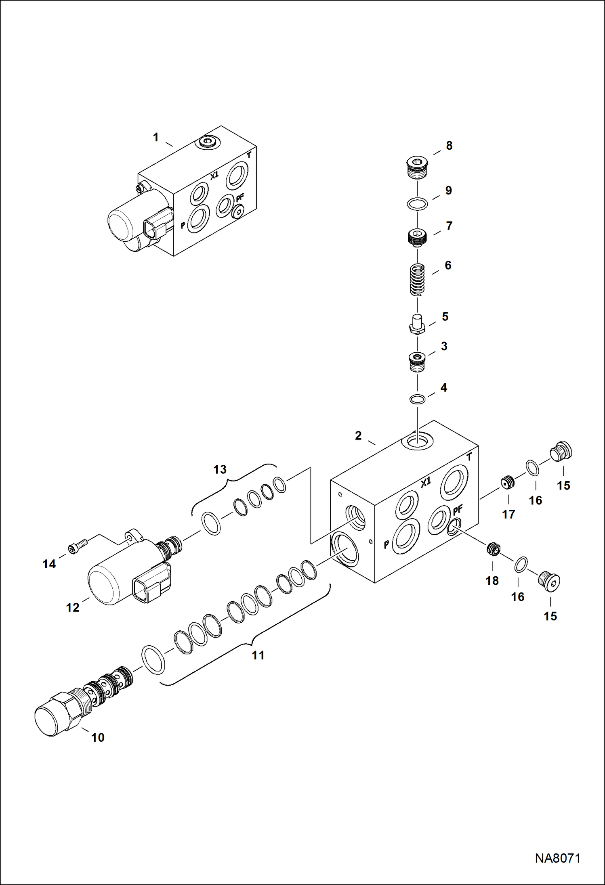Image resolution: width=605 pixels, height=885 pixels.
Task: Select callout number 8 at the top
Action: click(x=449, y=146)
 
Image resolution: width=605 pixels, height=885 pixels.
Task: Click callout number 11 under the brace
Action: click(x=258, y=655)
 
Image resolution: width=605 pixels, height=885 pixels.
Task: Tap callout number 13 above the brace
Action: click(x=220, y=469)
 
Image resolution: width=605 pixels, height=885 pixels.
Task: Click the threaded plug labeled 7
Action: click(x=417, y=237)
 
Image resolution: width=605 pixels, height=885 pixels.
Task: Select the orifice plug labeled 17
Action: click(x=508, y=482)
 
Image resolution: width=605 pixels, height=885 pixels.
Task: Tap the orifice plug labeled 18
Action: click(x=493, y=548)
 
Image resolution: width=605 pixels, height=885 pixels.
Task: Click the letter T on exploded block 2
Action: click(x=469, y=457)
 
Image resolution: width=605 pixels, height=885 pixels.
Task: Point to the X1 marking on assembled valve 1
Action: click(x=214, y=175)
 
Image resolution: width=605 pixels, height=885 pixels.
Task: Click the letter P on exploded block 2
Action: click(x=386, y=544)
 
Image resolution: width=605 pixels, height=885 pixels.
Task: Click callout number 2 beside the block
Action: click(x=358, y=435)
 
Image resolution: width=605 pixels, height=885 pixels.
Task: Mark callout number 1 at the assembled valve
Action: click(x=156, y=137)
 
